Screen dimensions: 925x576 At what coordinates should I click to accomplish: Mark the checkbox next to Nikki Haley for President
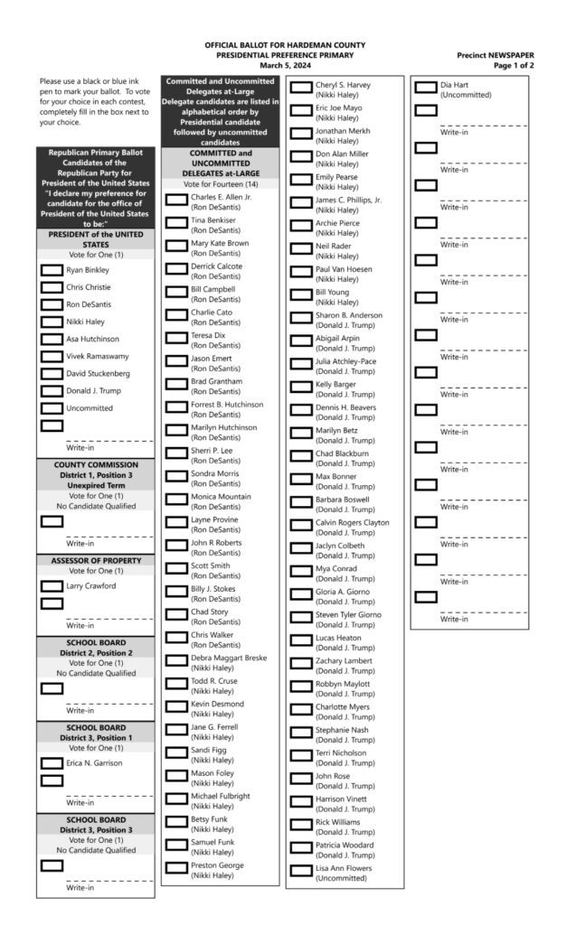(52, 321)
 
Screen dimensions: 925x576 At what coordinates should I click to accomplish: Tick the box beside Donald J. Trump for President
(52, 391)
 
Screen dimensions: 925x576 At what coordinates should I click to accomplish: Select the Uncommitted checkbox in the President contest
(52, 408)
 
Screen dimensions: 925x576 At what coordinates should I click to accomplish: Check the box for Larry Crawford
(52, 585)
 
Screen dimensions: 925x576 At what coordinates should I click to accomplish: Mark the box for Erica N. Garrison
(52, 762)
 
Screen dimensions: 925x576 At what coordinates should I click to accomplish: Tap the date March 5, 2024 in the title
(284, 65)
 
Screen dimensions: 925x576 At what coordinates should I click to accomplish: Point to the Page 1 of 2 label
(514, 66)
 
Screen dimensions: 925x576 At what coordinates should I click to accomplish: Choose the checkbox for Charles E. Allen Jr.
(175, 199)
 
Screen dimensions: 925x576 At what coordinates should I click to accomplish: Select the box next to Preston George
(175, 868)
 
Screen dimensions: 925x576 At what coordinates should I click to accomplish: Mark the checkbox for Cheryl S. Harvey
(300, 88)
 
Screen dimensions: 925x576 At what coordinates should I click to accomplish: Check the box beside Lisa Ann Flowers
(300, 871)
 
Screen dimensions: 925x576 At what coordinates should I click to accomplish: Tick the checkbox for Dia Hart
(425, 88)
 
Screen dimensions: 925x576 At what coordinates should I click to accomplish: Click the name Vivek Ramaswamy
(98, 356)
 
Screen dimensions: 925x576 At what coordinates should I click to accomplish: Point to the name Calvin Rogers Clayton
(352, 522)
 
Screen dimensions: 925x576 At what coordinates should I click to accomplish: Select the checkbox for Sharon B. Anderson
(300, 318)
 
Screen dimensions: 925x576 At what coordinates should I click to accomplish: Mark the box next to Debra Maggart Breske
(175, 660)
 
